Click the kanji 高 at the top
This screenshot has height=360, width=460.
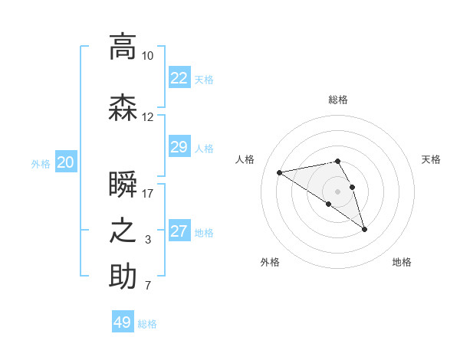pyautogui.click(x=123, y=47)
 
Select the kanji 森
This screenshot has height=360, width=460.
pyautogui.click(x=123, y=108)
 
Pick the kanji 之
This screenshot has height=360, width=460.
pyautogui.click(x=123, y=231)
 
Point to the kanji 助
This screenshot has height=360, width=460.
pyautogui.click(x=123, y=277)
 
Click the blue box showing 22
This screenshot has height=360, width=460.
pyautogui.click(x=179, y=78)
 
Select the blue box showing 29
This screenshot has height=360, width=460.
pyautogui.click(x=179, y=147)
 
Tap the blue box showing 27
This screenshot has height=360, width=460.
pyautogui.click(x=179, y=231)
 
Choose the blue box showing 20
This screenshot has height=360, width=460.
pyautogui.click(x=65, y=162)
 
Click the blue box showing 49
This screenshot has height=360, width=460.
pyautogui.click(x=123, y=322)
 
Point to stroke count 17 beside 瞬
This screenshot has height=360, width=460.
pyautogui.click(x=148, y=194)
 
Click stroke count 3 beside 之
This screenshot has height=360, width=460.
pyautogui.click(x=148, y=240)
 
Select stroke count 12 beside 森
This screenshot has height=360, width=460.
pyautogui.click(x=148, y=117)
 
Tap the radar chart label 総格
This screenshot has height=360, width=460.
pyautogui.click(x=337, y=100)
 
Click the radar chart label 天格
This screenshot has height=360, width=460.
pyautogui.click(x=431, y=159)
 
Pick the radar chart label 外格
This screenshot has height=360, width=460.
pyautogui.click(x=270, y=262)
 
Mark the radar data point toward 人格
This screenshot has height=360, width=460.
pyautogui.click(x=280, y=172)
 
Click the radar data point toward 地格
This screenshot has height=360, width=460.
pyautogui.click(x=364, y=229)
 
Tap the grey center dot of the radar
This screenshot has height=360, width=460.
pyautogui.click(x=337, y=191)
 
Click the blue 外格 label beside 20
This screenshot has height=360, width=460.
pyautogui.click(x=41, y=163)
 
